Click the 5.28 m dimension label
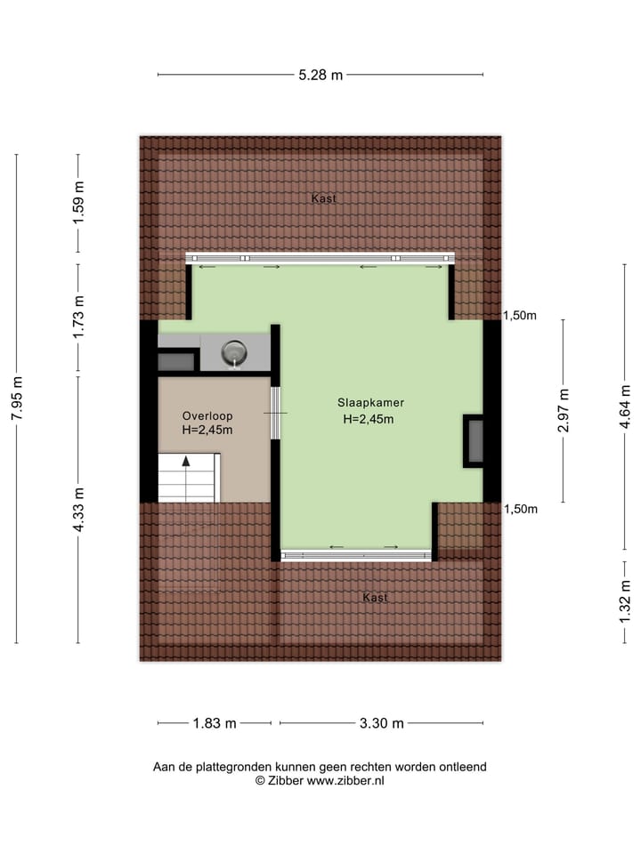tap(320, 76)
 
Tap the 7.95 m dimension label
tap(16, 399)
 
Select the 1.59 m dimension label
tap(78, 204)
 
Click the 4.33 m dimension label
tap(78, 510)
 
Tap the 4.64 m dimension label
tap(626, 407)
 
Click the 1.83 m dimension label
tap(215, 723)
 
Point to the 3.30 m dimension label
tap(382, 723)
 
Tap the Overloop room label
tap(207, 415)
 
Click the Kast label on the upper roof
tap(324, 199)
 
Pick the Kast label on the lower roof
tap(376, 598)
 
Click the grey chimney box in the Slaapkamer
tap(476, 441)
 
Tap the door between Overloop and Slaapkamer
tap(276, 414)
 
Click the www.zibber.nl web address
tap(345, 780)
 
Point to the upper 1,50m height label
tap(521, 316)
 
